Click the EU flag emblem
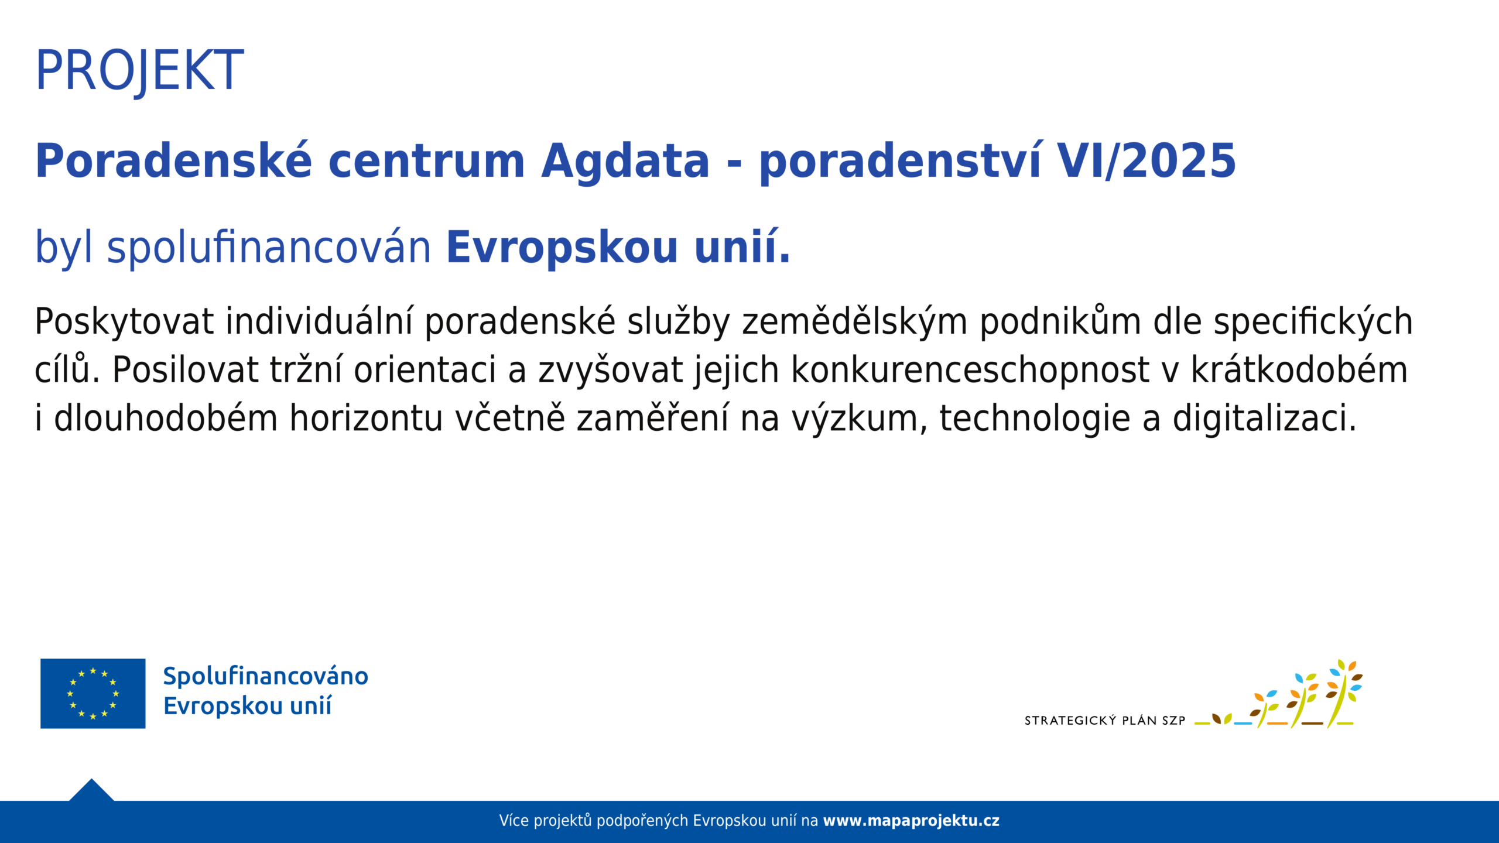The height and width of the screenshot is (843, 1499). click(x=93, y=694)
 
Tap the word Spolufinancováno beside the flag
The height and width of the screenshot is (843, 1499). click(x=266, y=677)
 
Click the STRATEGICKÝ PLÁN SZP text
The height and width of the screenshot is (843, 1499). click(x=1105, y=721)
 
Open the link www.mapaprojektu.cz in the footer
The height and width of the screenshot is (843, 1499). click(x=911, y=821)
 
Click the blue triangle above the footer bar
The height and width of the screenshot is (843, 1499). click(x=91, y=791)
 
